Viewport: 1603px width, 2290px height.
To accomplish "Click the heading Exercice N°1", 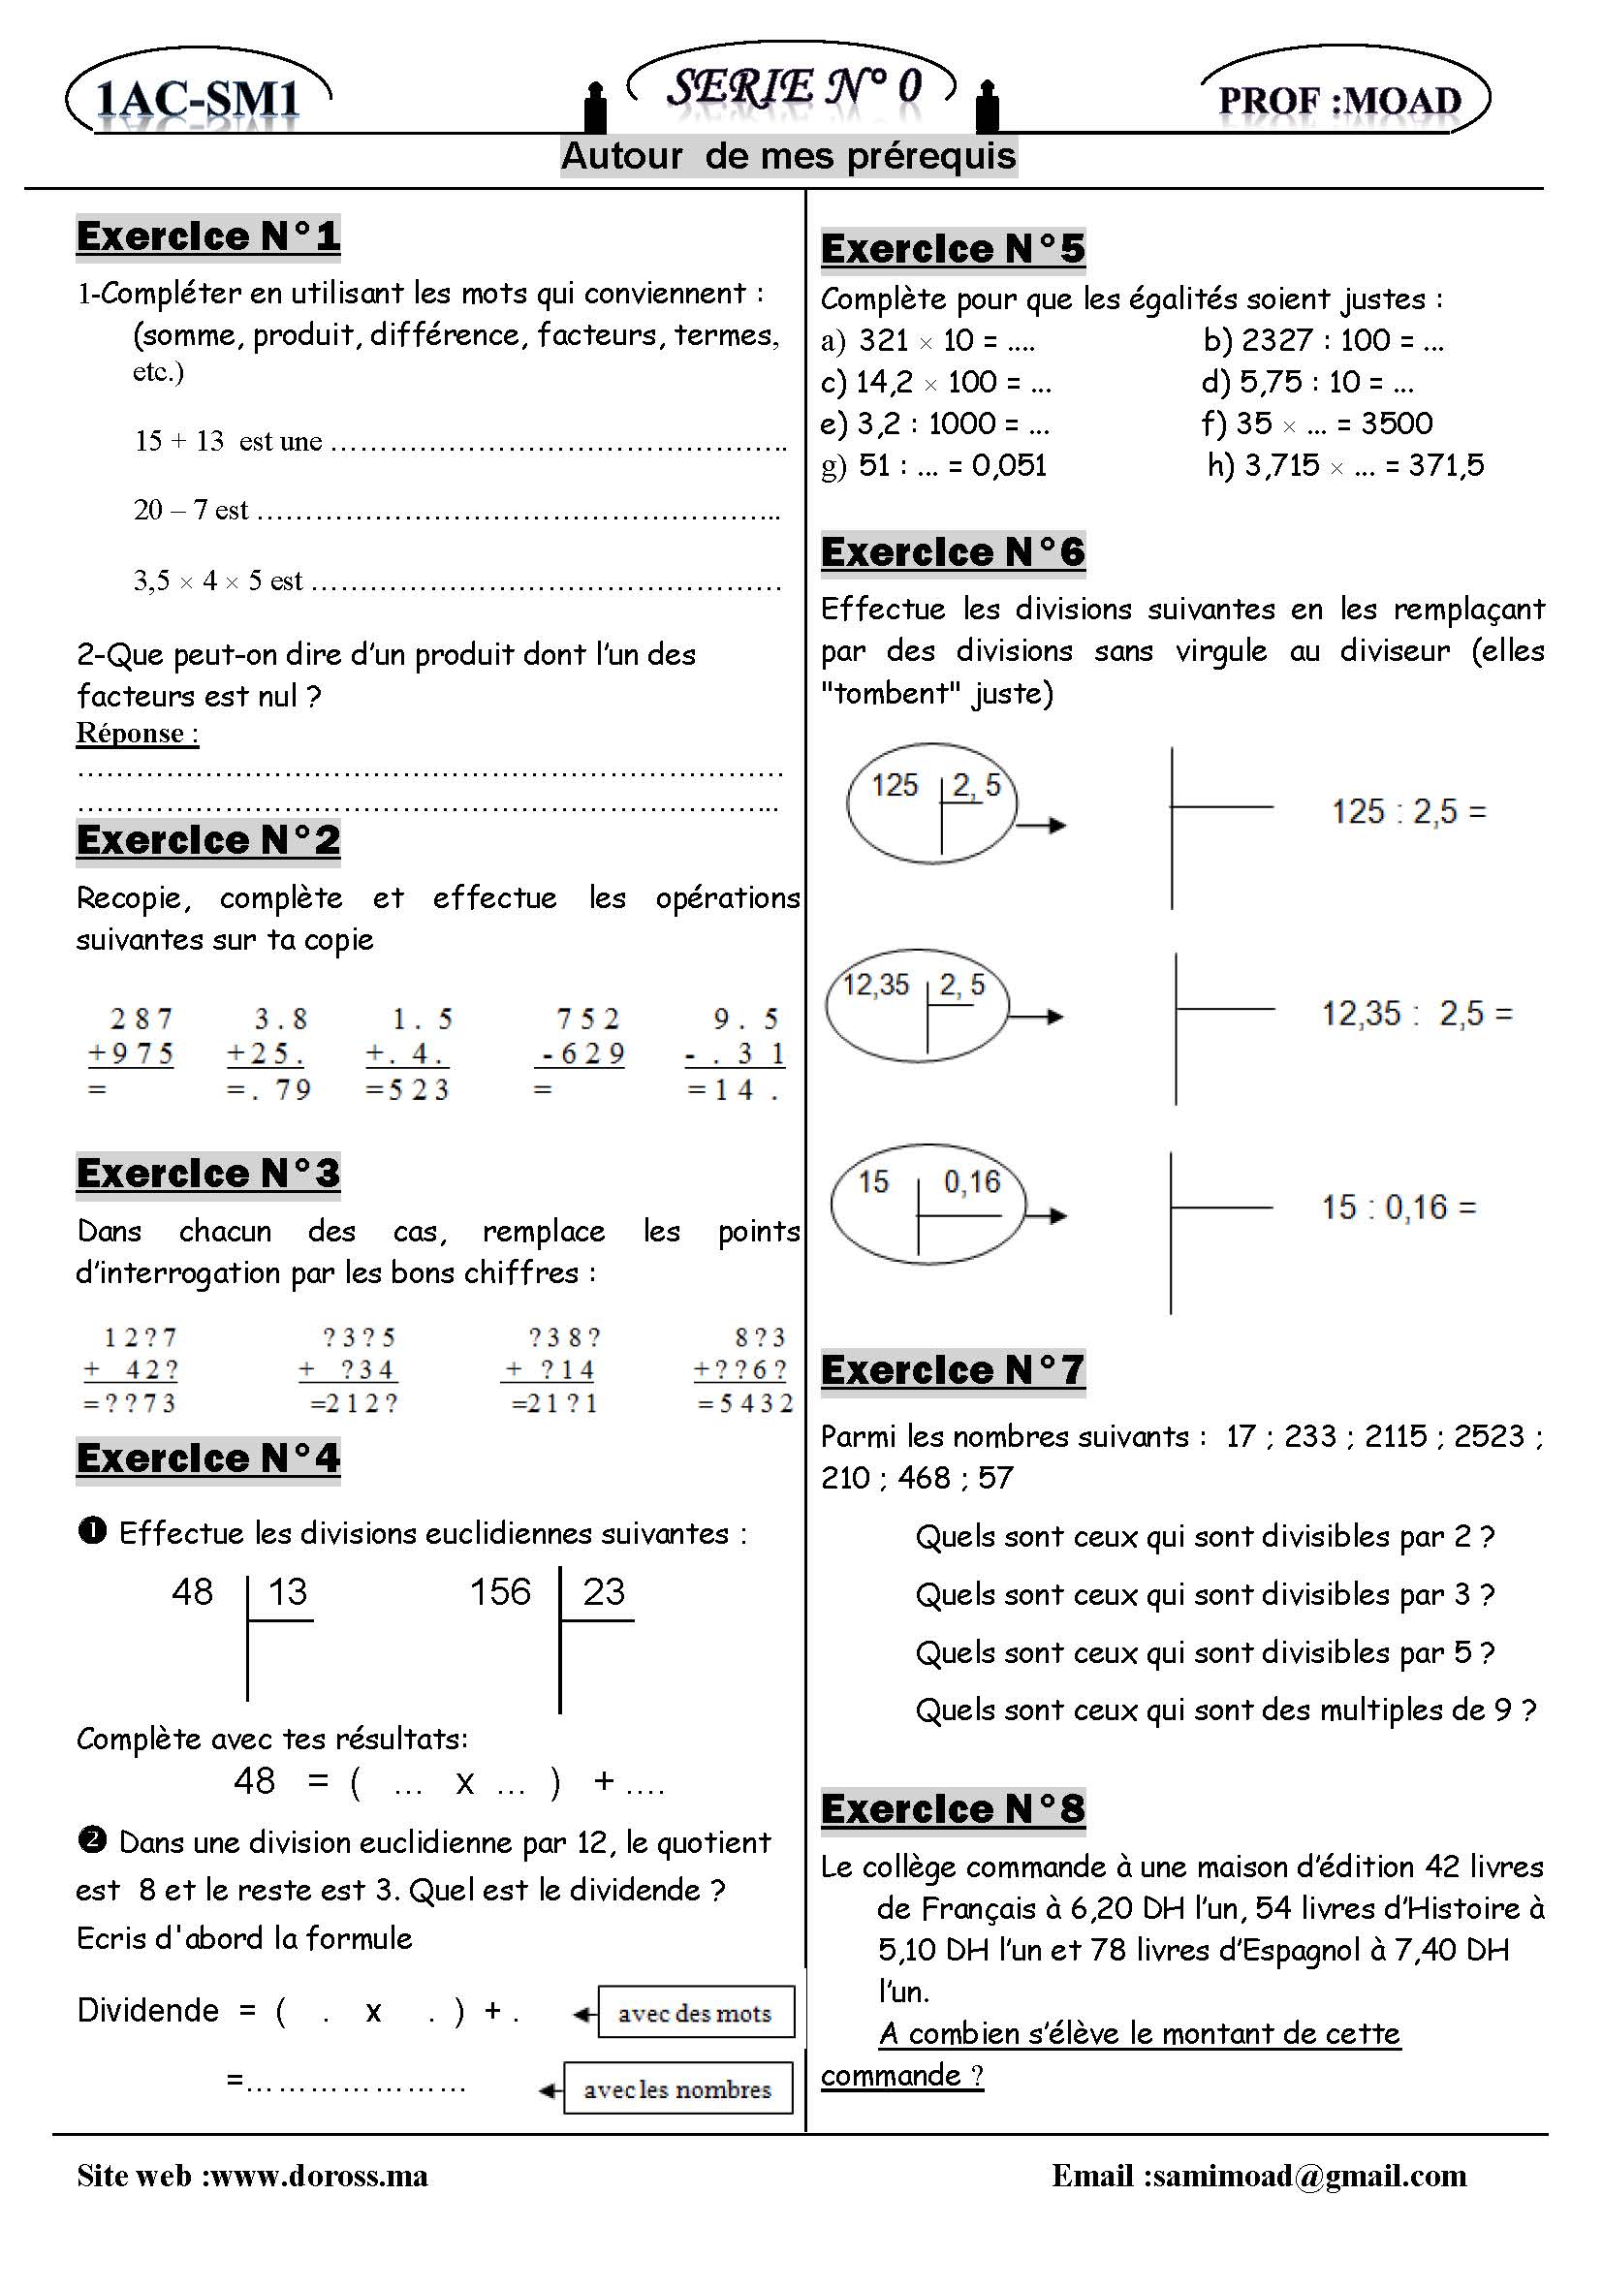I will point(207,236).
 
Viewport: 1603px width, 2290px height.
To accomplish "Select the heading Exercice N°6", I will point(952,551).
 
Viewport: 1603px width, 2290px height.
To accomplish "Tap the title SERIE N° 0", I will point(793,87).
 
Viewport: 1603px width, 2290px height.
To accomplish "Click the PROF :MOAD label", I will point(1339,101).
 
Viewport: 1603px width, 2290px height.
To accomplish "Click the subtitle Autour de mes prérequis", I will point(788,157).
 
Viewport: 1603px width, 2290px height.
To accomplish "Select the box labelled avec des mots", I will point(695,2013).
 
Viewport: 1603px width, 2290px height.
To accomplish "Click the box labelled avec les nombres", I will point(677,2088).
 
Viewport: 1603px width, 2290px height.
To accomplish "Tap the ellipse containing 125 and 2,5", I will point(930,802).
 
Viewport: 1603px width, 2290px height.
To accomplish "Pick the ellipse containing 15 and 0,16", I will point(927,1204).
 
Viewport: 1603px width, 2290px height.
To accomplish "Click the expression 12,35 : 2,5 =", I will point(1417,1015).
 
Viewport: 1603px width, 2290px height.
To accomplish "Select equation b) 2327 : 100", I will point(1323,340).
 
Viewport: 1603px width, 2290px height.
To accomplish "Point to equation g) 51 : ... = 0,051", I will point(933,465).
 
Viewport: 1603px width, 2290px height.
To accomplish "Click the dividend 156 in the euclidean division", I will point(500,1592).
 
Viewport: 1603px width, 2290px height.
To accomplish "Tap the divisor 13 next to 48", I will point(288,1592).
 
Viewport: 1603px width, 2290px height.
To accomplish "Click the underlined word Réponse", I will point(137,733).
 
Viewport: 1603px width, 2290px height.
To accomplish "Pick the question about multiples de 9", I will point(1225,1710).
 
